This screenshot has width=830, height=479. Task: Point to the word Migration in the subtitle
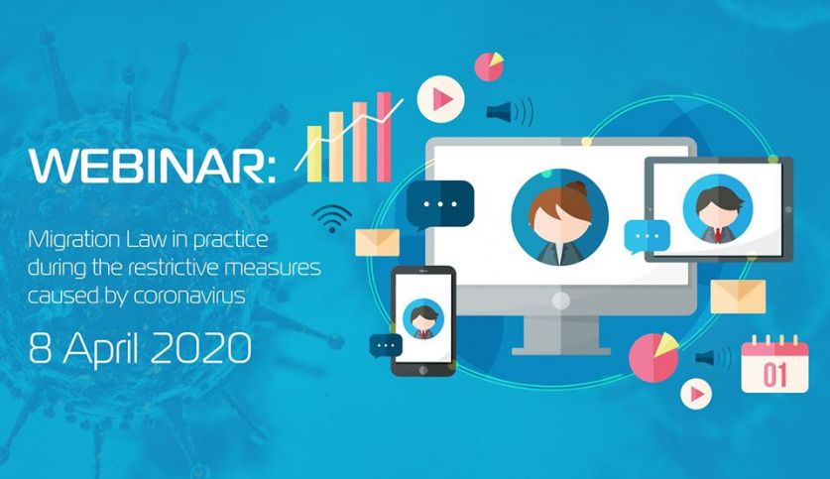(x=74, y=241)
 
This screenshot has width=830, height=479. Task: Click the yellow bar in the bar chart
(x=314, y=154)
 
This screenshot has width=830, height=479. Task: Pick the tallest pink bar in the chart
(x=384, y=137)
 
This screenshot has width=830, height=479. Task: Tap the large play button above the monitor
(x=440, y=99)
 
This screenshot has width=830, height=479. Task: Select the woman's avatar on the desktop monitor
(x=559, y=217)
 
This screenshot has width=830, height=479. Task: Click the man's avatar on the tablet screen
(x=717, y=209)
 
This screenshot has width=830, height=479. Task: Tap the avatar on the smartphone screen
(x=423, y=319)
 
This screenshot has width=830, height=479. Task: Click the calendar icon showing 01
(x=774, y=365)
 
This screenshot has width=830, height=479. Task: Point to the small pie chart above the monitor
(x=489, y=66)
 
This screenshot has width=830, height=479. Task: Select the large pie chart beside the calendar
(x=653, y=357)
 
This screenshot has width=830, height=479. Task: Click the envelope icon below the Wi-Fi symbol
(x=378, y=243)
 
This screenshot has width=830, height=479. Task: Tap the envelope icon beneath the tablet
(x=738, y=297)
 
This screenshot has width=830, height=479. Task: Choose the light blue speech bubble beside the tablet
(x=647, y=237)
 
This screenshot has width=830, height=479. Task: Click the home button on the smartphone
(x=423, y=371)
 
